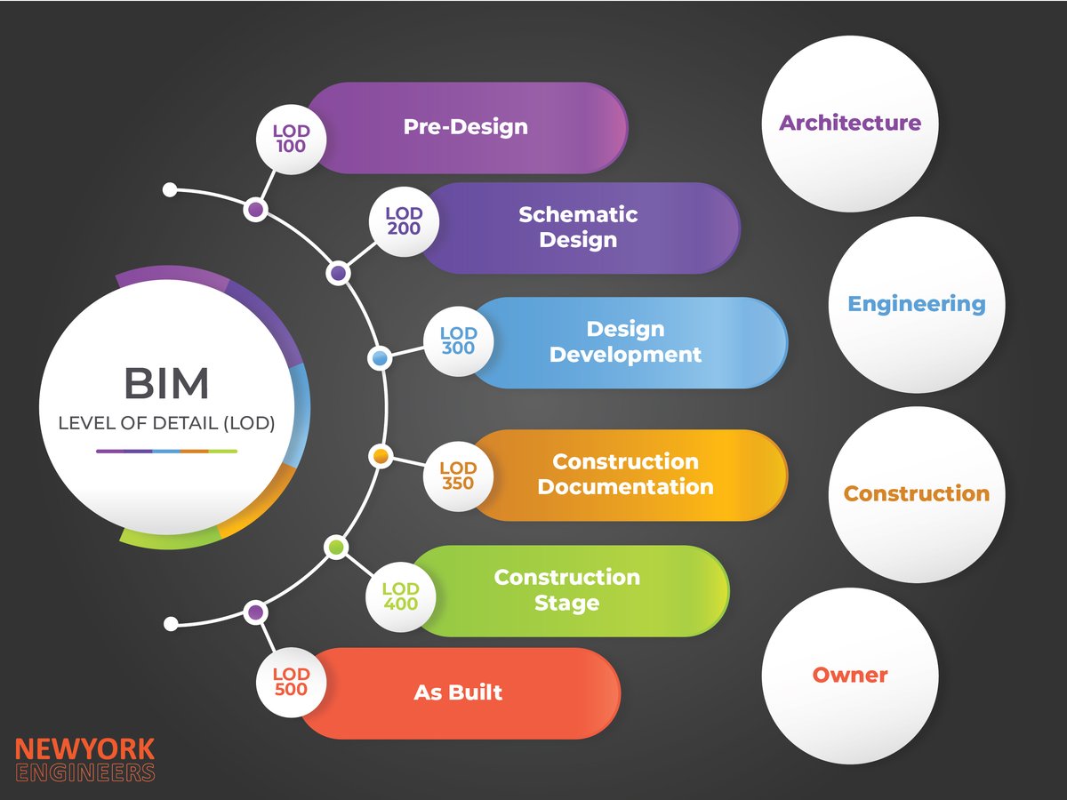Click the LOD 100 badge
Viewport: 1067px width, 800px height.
tap(291, 139)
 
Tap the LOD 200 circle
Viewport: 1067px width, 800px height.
tap(404, 221)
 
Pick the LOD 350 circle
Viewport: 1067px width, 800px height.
tap(458, 476)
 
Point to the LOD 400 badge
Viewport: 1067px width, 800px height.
tap(400, 596)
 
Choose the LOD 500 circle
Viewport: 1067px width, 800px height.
tap(291, 683)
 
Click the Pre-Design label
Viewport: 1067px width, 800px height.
tap(465, 126)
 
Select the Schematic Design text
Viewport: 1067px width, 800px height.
tap(578, 227)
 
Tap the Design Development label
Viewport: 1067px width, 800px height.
tap(625, 341)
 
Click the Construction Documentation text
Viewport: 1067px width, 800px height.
tap(625, 474)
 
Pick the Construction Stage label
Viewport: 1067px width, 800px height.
tap(566, 589)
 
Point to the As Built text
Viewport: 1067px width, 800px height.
tap(458, 692)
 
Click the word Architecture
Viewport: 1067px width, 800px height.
tap(850, 123)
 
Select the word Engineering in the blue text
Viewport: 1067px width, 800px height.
tap(917, 304)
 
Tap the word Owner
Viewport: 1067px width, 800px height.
tap(850, 675)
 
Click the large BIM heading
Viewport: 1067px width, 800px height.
tap(166, 384)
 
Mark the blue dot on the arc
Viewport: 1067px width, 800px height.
tap(380, 358)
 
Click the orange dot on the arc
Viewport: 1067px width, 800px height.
tap(380, 456)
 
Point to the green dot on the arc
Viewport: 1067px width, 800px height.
tap(336, 548)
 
